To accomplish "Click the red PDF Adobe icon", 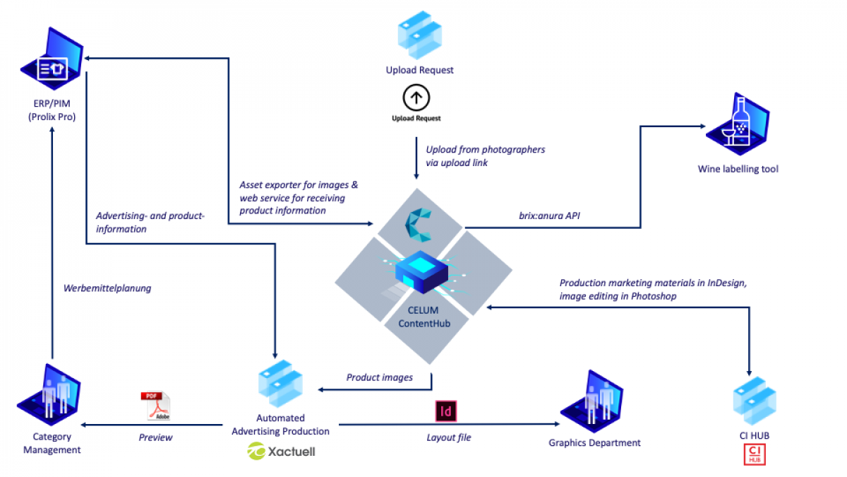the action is (x=155, y=406).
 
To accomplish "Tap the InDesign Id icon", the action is (x=446, y=411).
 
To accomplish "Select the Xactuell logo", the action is (x=282, y=452).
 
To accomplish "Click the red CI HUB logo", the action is (x=755, y=454).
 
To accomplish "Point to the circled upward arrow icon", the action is (x=416, y=98).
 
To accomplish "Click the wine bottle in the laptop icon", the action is (x=740, y=121).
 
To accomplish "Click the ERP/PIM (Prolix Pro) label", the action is (x=52, y=110).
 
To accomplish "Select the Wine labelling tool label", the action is (x=738, y=169).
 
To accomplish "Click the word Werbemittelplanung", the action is (x=107, y=288).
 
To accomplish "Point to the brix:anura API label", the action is (x=549, y=216).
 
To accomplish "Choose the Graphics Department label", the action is (x=594, y=442).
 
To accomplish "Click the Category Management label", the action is (x=52, y=443).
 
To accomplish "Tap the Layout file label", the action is (x=449, y=437).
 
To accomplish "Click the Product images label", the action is (x=380, y=377).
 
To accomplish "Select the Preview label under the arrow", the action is (x=155, y=437).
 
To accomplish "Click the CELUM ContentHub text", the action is (x=424, y=317).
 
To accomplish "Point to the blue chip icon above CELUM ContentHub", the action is (x=421, y=271).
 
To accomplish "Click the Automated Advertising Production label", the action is (x=280, y=425).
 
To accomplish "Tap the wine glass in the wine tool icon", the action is (x=728, y=136).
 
